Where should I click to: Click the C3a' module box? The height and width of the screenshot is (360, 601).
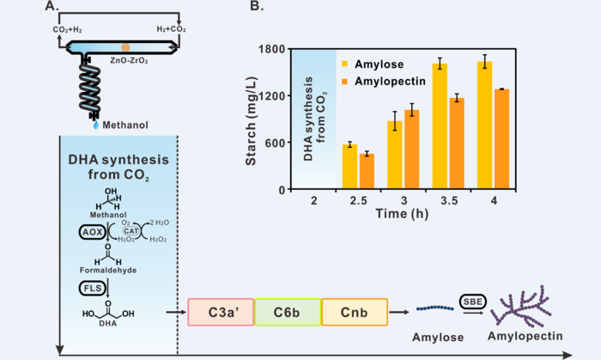tap(219, 312)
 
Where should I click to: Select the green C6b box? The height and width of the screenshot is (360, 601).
tap(286, 312)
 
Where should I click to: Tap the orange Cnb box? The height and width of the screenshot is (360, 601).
tap(354, 312)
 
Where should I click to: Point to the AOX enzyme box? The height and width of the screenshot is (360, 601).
tap(90, 232)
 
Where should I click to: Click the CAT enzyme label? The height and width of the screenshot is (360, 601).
tap(131, 230)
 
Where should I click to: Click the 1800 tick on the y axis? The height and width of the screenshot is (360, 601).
tap(272, 49)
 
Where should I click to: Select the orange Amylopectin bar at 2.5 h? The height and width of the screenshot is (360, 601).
tap(367, 171)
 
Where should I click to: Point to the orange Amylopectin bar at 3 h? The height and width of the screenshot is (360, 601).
tap(411, 149)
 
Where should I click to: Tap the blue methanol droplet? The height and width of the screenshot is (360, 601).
tap(95, 125)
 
